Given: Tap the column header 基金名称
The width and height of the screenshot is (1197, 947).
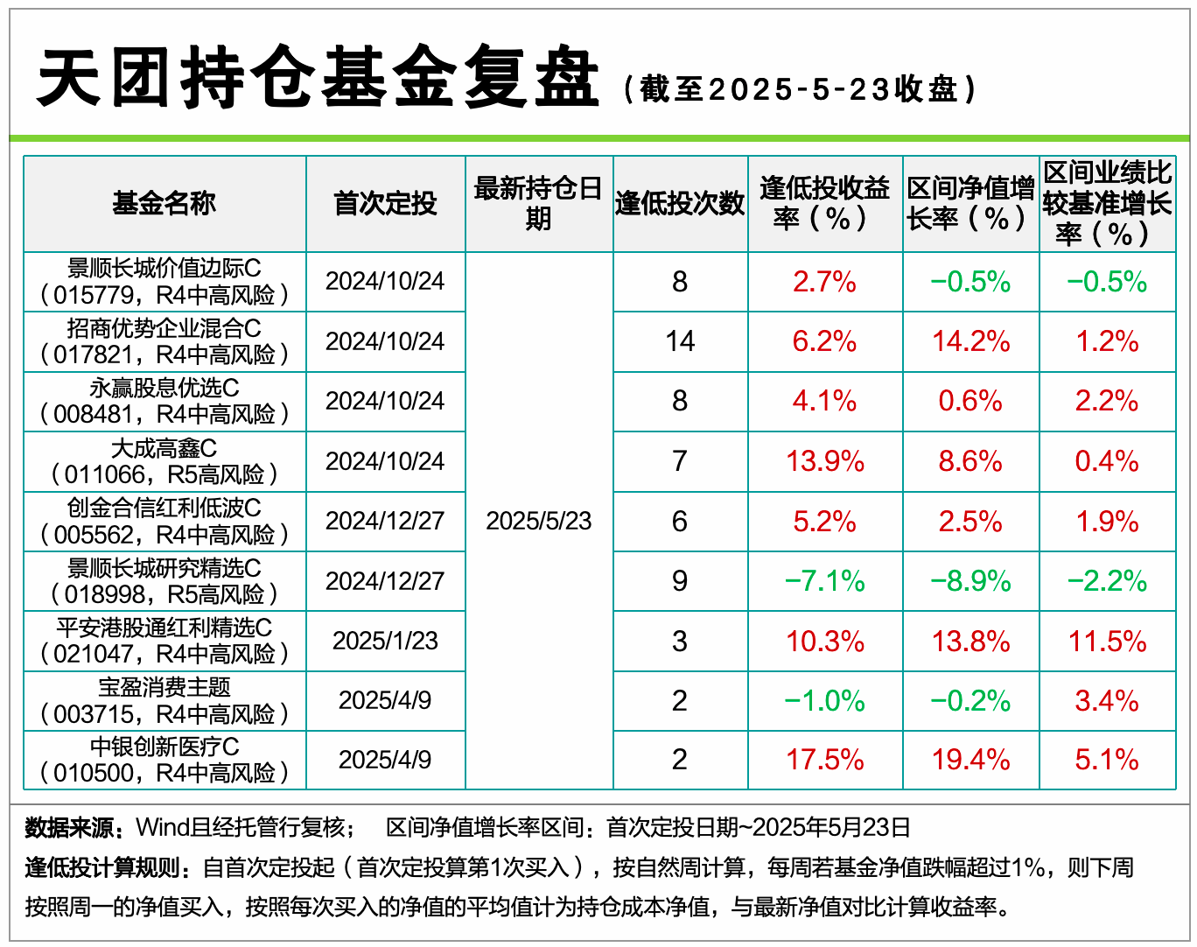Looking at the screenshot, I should (164, 204).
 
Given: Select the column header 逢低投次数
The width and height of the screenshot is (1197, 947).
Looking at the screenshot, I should (680, 204).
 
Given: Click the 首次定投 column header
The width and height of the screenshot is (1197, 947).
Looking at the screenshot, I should (385, 204).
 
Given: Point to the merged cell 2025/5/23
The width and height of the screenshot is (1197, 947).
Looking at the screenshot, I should (538, 522).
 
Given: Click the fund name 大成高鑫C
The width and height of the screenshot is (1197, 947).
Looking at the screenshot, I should (164, 448).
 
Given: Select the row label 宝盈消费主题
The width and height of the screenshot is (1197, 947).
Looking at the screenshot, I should (164, 687).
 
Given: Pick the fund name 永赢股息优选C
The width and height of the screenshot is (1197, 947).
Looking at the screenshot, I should (164, 388).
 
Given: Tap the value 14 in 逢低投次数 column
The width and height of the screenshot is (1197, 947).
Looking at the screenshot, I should (680, 341).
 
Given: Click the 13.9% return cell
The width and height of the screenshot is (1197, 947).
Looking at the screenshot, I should (824, 461).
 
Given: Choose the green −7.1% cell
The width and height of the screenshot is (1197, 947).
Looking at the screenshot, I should (824, 581).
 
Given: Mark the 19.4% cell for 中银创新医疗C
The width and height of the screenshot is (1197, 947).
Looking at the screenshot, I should (970, 760).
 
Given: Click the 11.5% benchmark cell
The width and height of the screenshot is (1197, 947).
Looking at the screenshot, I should (1107, 642).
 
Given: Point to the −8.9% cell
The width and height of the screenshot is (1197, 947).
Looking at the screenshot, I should (970, 581).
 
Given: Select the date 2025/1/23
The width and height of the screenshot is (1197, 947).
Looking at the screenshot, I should (385, 641).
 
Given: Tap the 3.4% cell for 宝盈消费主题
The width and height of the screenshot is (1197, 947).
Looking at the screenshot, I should (1107, 701).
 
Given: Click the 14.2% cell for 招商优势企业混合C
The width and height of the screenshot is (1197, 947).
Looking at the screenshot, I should (970, 341).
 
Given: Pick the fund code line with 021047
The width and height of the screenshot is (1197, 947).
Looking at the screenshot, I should (164, 655).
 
